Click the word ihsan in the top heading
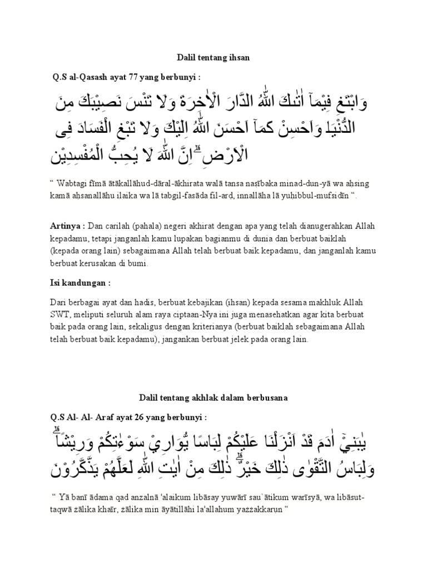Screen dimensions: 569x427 coord(240,57)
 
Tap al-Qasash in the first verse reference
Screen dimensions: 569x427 coord(87,76)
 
